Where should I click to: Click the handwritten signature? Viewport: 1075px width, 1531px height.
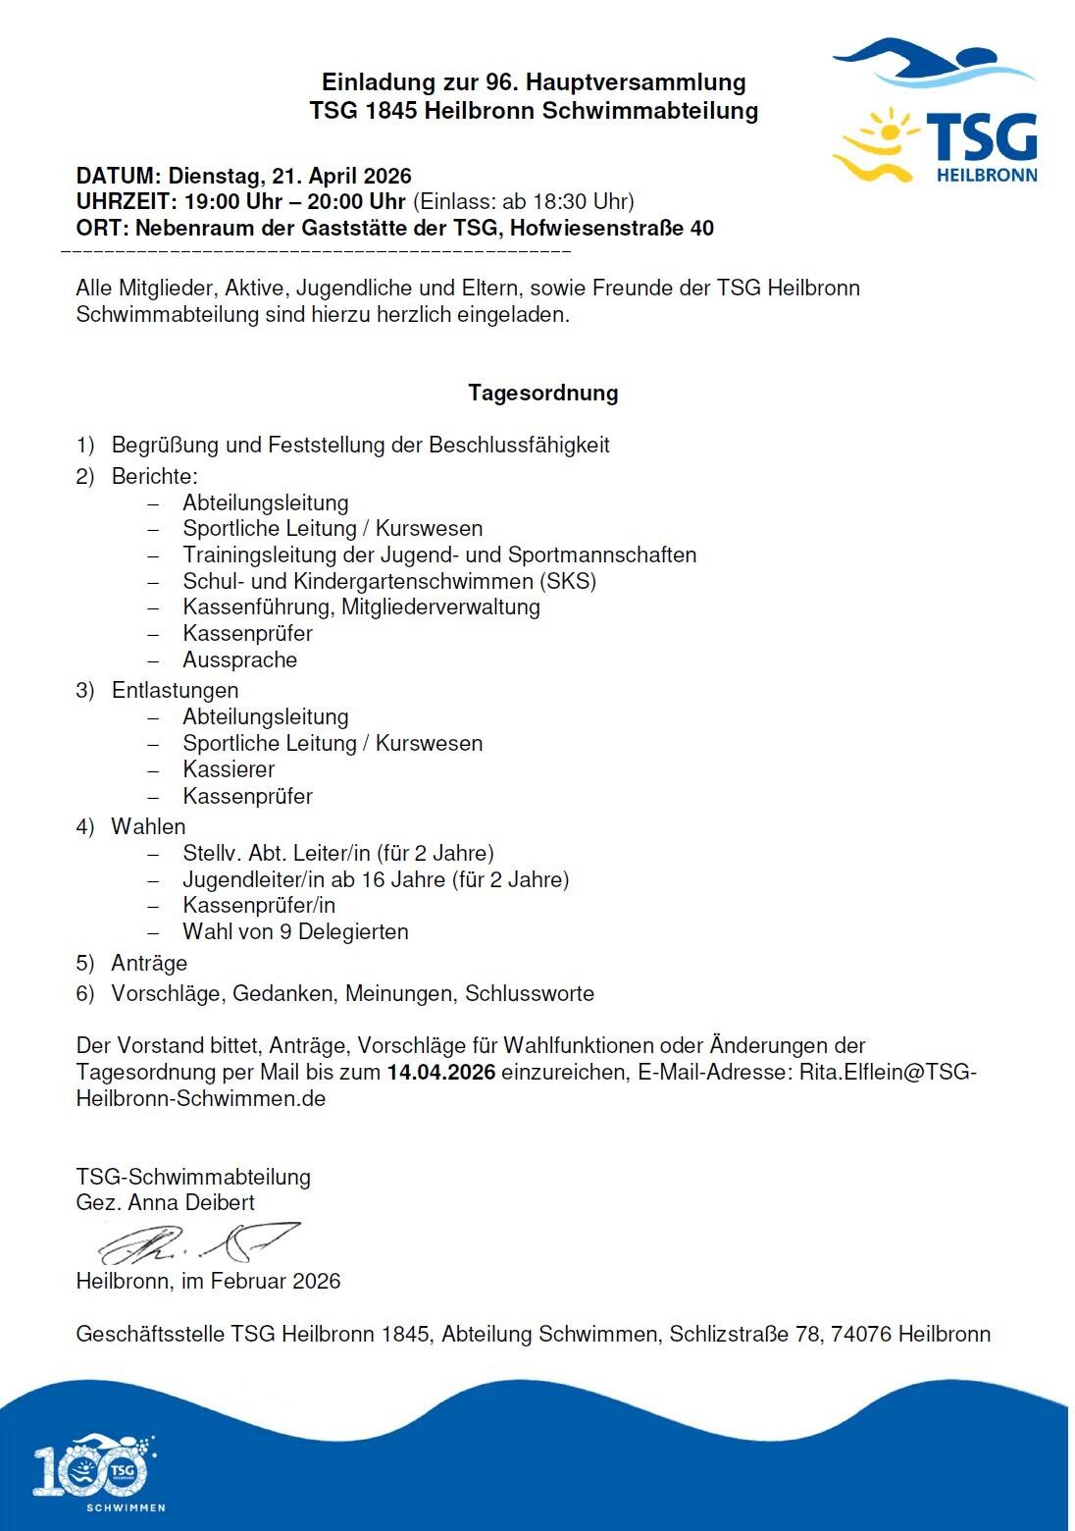pyautogui.click(x=197, y=1243)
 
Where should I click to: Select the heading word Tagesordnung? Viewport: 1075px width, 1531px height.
pyautogui.click(x=542, y=393)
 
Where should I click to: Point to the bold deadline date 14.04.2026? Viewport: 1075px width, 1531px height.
pyautogui.click(x=440, y=1072)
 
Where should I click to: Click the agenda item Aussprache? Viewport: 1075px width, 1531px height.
pyautogui.click(x=239, y=660)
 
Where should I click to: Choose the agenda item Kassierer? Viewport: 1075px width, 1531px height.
pyautogui.click(x=229, y=769)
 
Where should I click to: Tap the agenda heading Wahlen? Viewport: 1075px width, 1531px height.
pyautogui.click(x=148, y=826)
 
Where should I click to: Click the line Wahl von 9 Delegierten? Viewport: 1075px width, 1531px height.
pyautogui.click(x=295, y=931)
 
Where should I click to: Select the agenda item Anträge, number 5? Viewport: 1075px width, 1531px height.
pyautogui.click(x=149, y=963)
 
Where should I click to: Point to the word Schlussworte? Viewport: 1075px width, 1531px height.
pyautogui.click(x=530, y=993)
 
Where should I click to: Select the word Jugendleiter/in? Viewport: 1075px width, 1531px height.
pyautogui.click(x=254, y=879)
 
